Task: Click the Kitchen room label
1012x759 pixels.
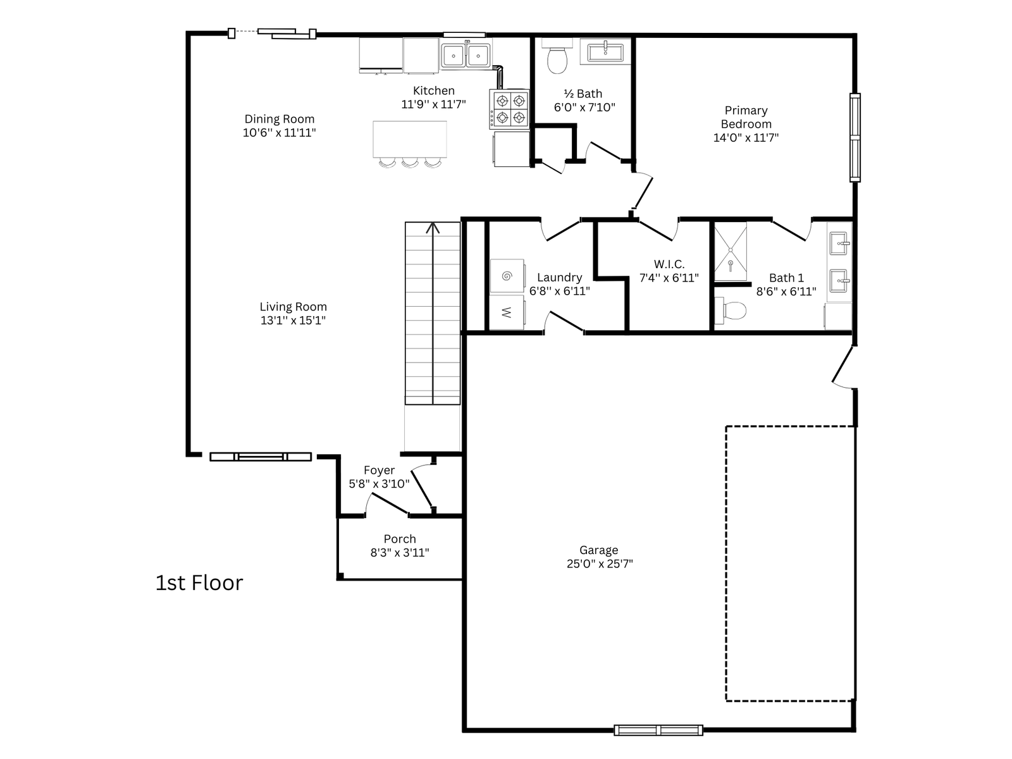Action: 433,91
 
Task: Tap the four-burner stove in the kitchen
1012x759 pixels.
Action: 509,109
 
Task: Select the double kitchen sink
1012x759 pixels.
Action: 466,55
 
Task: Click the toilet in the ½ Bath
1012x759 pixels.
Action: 557,59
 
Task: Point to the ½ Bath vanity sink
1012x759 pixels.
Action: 605,52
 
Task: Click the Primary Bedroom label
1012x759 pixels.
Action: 746,117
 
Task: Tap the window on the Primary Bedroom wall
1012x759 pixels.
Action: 855,137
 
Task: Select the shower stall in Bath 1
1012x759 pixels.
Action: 731,252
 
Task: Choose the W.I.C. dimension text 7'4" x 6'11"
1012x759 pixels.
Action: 669,278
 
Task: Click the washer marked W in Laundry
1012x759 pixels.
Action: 506,312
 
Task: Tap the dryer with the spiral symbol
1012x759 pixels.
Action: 507,276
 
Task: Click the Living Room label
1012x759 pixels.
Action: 293,307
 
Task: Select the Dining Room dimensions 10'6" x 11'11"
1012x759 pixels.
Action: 280,133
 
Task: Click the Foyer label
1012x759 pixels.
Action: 379,471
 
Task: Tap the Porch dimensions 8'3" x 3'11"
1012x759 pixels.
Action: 400,553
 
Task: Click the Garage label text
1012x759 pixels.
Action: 599,550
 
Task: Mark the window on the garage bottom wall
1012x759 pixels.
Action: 658,730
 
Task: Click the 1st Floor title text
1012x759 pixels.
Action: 199,583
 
